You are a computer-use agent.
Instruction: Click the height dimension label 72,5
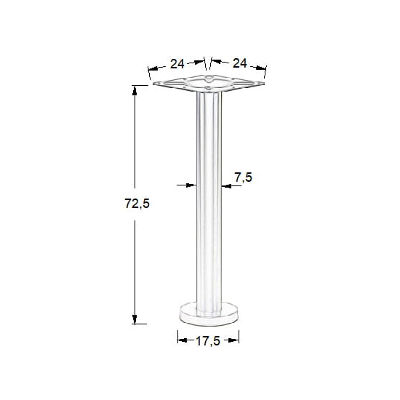coord(137,204)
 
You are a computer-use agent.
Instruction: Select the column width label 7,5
coord(244,178)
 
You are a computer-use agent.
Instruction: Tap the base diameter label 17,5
coord(208,340)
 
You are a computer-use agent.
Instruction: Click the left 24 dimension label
coord(177,63)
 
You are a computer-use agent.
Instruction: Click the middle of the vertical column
coord(208,204)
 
